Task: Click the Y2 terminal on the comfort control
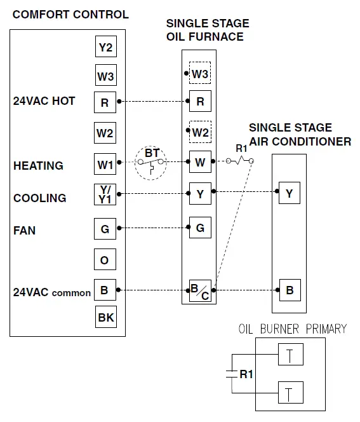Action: [x=105, y=47]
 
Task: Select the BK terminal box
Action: [x=105, y=316]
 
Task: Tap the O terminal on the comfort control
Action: [x=105, y=261]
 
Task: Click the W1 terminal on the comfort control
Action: [x=105, y=165]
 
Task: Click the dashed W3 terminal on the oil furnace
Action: [x=200, y=74]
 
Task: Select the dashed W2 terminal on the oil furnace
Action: [x=200, y=132]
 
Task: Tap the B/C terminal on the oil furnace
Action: [x=200, y=292]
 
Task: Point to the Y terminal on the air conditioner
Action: [x=290, y=193]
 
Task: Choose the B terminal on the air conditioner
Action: [x=290, y=290]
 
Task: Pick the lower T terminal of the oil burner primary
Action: [x=290, y=393]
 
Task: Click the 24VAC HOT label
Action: [x=44, y=101]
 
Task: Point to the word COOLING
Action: [x=39, y=198]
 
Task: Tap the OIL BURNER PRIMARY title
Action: [x=292, y=329]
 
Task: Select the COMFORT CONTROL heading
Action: [x=70, y=14]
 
